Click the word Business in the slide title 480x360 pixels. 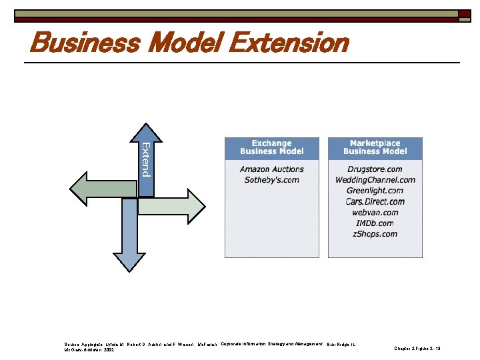tap(84, 43)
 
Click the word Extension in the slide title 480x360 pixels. tap(288, 43)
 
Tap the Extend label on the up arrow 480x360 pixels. tap(145, 159)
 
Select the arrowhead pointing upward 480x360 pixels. tap(145, 133)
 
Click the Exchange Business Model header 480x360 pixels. tap(272, 148)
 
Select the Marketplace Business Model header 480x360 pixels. tap(375, 148)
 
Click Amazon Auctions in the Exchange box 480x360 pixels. tap(272, 169)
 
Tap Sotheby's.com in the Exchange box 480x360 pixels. tap(272, 180)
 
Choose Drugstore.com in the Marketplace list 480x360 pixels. tap(375, 169)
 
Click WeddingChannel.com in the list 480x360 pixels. tap(375, 180)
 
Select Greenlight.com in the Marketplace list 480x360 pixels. tap(375, 191)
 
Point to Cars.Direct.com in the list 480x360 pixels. tap(375, 201)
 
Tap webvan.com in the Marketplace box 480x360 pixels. tap(375, 212)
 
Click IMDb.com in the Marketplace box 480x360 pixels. tap(375, 223)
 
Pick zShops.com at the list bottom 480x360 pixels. tap(375, 234)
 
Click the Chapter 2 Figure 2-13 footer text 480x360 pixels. tap(419, 349)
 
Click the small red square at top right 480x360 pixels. tap(464, 13)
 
